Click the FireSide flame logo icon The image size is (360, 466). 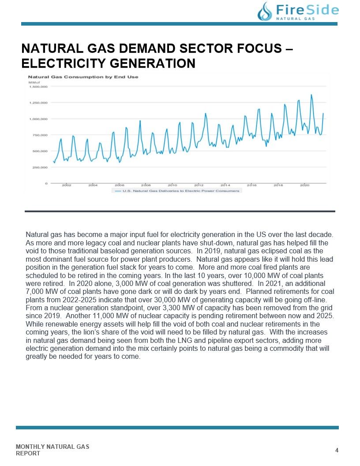(265, 12)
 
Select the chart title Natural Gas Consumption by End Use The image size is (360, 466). (83, 77)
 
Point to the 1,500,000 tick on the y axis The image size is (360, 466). (38, 87)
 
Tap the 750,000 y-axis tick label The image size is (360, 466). (40, 135)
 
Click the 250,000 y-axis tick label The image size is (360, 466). (40, 167)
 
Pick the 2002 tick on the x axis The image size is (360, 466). (67, 185)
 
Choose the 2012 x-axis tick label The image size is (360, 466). (199, 185)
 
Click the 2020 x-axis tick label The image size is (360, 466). (304, 185)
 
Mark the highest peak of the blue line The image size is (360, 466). (311, 95)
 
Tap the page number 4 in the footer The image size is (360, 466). (337, 450)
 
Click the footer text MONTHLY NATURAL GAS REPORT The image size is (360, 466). (52, 450)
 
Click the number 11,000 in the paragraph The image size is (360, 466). (103, 316)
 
